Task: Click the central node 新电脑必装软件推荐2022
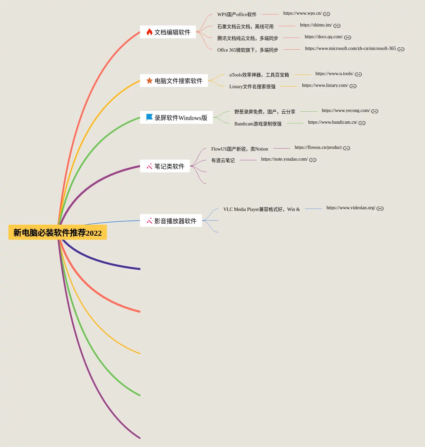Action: pyautogui.click(x=57, y=232)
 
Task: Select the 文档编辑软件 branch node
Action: pyautogui.click(x=172, y=32)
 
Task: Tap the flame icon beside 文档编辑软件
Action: pyautogui.click(x=149, y=32)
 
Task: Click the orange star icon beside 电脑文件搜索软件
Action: pyautogui.click(x=149, y=80)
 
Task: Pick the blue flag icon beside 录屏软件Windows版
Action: pyautogui.click(x=149, y=117)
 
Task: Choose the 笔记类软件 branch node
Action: pyautogui.click(x=169, y=166)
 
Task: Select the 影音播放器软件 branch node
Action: pyautogui.click(x=175, y=221)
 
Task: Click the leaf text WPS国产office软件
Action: pyautogui.click(x=237, y=14)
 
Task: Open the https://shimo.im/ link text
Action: pyautogui.click(x=316, y=25)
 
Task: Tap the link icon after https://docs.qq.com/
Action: pyautogui.click(x=348, y=38)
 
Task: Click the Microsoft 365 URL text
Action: pyautogui.click(x=350, y=49)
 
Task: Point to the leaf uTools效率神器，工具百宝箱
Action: pyautogui.click(x=259, y=75)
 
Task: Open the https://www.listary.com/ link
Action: pyautogui.click(x=325, y=86)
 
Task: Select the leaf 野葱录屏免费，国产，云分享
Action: pyautogui.click(x=265, y=112)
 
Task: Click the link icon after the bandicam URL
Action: pyautogui.click(x=362, y=123)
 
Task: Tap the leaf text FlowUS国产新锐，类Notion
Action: pyautogui.click(x=239, y=149)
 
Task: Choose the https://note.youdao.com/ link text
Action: pyautogui.click(x=284, y=159)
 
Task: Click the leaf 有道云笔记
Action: pyautogui.click(x=223, y=161)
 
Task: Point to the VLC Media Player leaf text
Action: pyautogui.click(x=261, y=209)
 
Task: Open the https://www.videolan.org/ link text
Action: pyautogui.click(x=351, y=208)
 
